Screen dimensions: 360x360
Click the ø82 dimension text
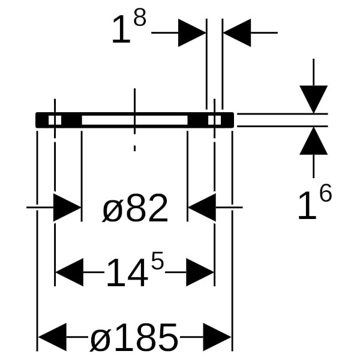[x=135, y=209]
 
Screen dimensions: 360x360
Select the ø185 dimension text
[x=134, y=338]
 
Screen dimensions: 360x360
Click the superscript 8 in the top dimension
[x=139, y=19]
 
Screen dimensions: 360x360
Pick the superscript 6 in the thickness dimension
[x=325, y=194]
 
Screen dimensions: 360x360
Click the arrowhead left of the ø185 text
[x=52, y=338]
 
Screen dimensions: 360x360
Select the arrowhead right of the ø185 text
[x=217, y=338]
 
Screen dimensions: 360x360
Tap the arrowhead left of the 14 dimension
[x=69, y=273]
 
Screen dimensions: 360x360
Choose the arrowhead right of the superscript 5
[x=200, y=273]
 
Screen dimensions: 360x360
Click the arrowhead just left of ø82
[x=67, y=208]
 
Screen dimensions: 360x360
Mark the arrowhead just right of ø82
[x=202, y=208]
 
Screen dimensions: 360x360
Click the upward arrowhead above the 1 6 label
[x=314, y=142]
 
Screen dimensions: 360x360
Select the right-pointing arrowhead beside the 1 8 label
[x=192, y=32]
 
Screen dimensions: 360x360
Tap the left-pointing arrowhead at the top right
[x=237, y=32]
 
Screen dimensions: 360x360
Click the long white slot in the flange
[x=134, y=120]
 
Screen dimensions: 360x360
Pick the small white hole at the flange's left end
[x=55, y=120]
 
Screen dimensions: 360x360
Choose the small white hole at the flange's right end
[x=214, y=120]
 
